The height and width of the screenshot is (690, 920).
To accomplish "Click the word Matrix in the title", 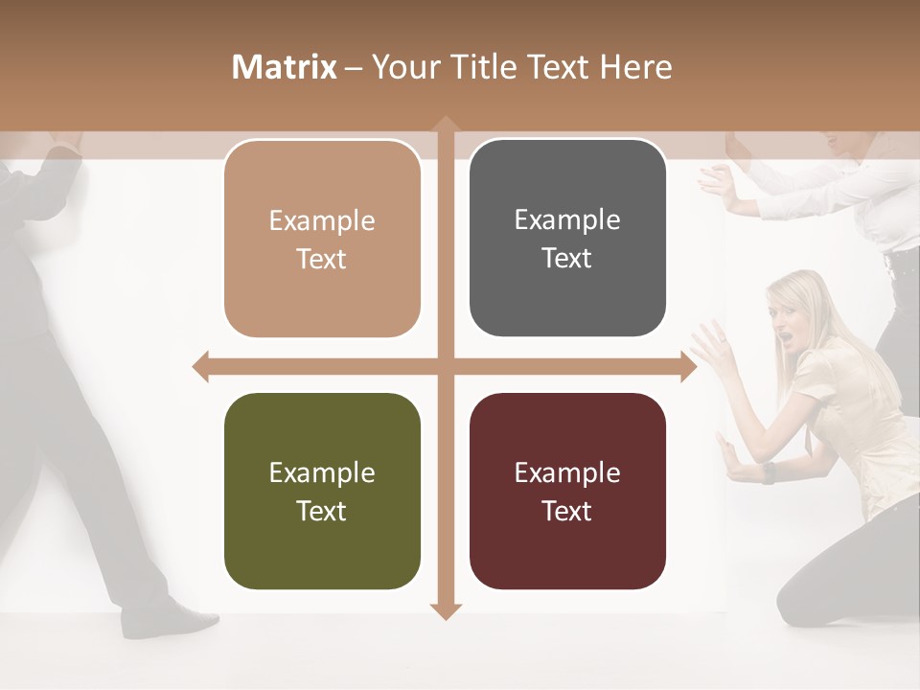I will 284,67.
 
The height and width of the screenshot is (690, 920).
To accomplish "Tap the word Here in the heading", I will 635,67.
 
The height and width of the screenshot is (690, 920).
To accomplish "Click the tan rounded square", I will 322,239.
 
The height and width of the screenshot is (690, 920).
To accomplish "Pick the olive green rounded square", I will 322,491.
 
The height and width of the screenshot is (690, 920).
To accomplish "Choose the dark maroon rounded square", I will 567,491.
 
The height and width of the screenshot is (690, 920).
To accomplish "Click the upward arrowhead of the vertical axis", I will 444,124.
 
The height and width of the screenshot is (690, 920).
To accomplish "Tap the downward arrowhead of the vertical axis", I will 444,610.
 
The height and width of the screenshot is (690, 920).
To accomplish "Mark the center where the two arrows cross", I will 444,366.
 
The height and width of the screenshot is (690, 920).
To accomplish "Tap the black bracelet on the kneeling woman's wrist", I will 768,472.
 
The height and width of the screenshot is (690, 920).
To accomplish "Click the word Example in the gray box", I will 567,219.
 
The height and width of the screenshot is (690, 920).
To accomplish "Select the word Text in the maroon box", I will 567,511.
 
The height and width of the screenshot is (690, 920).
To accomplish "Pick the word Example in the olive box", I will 322,472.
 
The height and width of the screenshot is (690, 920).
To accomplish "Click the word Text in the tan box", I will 322,259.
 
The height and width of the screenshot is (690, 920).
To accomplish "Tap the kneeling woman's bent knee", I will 795,604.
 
